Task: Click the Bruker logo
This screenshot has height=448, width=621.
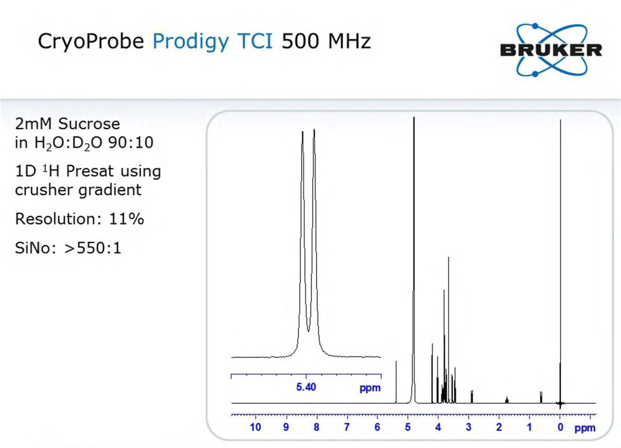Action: (x=551, y=50)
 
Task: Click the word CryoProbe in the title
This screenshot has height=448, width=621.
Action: (x=91, y=42)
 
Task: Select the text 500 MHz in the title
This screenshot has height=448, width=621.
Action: (x=327, y=41)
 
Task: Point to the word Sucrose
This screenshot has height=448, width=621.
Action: (x=89, y=124)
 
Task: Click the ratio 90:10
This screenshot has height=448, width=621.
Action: (x=131, y=143)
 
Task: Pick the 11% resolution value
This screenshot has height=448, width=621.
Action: (x=127, y=218)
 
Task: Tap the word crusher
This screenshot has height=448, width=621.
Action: (x=43, y=190)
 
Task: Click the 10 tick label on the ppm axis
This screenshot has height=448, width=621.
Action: (x=255, y=427)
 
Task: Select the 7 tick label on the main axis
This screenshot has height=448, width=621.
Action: (x=346, y=427)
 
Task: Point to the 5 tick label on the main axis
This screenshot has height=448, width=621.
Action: (x=408, y=427)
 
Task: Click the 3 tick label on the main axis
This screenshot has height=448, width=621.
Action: (x=469, y=427)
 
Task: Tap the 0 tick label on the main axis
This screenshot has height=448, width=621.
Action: (x=560, y=427)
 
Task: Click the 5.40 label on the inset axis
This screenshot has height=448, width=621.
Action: (x=306, y=387)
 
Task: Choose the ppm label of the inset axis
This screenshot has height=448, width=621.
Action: (x=370, y=388)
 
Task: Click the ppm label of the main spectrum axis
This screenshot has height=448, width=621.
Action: (x=585, y=429)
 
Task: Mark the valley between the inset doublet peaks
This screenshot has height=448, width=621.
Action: (x=308, y=331)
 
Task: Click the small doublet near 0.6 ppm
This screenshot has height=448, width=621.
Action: (x=541, y=397)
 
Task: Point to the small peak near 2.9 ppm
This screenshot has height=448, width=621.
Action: (x=472, y=397)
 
